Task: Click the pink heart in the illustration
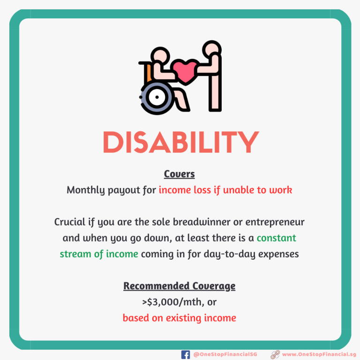185,72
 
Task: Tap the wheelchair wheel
157,97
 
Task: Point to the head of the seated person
160,56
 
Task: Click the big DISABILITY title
181,142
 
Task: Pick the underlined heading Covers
180,174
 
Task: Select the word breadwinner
202,222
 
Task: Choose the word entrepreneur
275,222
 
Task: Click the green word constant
277,238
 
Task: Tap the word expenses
278,255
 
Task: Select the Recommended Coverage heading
180,286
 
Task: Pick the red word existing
183,318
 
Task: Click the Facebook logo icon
186,354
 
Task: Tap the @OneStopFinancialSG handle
225,354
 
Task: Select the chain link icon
275,354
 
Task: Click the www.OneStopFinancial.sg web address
319,354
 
